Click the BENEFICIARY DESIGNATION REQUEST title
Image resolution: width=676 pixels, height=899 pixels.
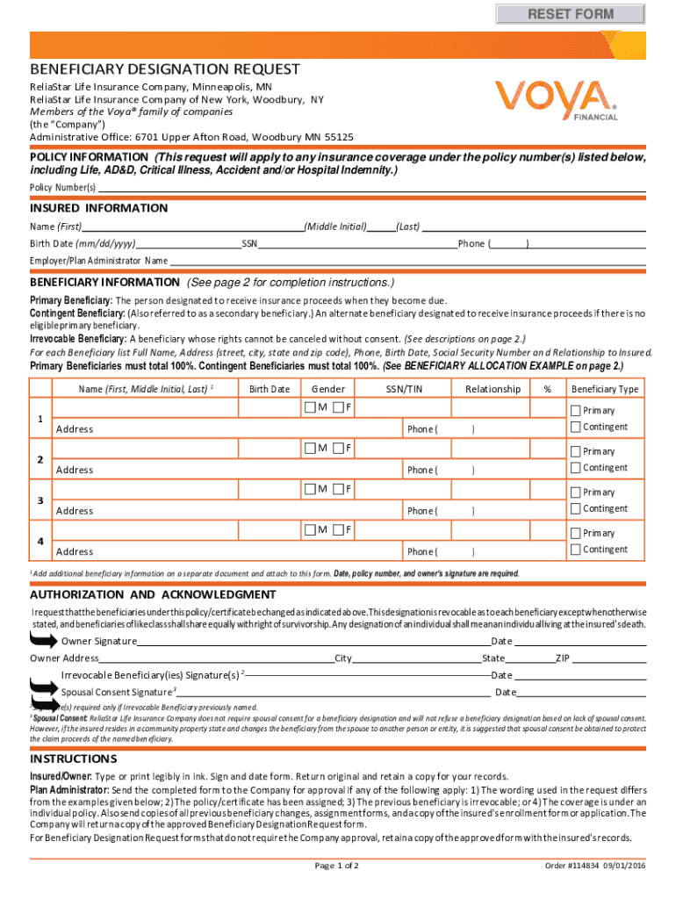pyautogui.click(x=165, y=69)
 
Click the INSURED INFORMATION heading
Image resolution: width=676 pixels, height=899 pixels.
pyautogui.click(x=98, y=208)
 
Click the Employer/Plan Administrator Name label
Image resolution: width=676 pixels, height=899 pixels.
pyautogui.click(x=98, y=261)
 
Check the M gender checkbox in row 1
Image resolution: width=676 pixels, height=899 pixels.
pyautogui.click(x=310, y=408)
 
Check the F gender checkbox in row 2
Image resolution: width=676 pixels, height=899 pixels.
pyautogui.click(x=338, y=449)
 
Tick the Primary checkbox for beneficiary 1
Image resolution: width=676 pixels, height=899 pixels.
pyautogui.click(x=576, y=411)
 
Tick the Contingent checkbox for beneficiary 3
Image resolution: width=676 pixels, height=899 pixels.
pyautogui.click(x=576, y=508)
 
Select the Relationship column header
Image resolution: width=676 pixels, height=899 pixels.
pyautogui.click(x=493, y=389)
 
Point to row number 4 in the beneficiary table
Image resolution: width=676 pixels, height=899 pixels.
pyautogui.click(x=40, y=541)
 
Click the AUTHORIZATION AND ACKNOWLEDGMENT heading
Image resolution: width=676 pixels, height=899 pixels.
pyautogui.click(x=153, y=594)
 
